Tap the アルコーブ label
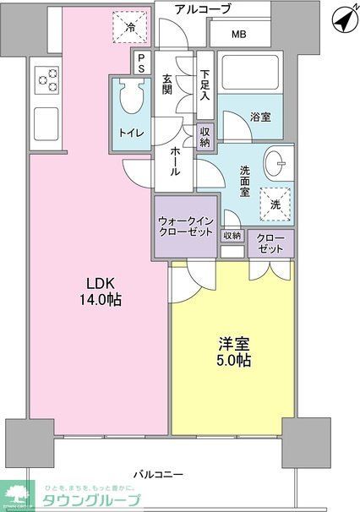pos(203,9)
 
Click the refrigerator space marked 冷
pos(130,28)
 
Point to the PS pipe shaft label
pos(141,63)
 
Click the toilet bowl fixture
pos(131,100)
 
